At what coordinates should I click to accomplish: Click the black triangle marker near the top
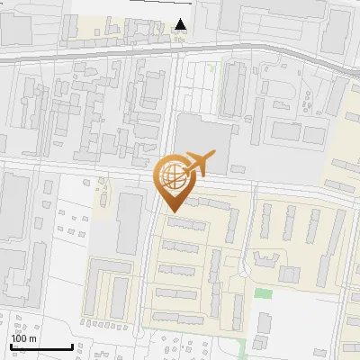(181, 25)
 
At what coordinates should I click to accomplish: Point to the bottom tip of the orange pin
(172, 212)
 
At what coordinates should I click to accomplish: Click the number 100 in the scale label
(19, 339)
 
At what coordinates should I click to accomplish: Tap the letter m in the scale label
(33, 339)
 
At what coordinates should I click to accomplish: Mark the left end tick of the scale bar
(10, 346)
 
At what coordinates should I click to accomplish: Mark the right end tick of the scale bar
(72, 346)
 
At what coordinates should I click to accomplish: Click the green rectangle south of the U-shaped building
(263, 293)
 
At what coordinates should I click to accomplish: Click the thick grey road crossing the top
(180, 51)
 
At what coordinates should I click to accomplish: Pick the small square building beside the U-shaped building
(289, 274)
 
